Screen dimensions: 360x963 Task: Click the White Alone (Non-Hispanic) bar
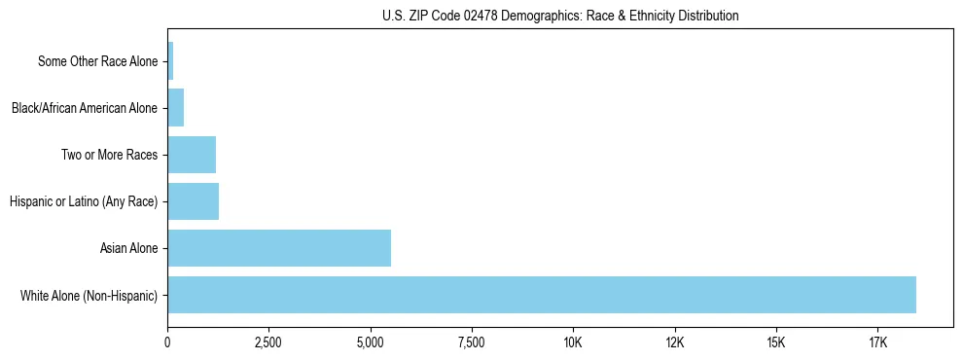(542, 295)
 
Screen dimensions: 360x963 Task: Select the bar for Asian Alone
(279, 248)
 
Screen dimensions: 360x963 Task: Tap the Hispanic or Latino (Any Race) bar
(193, 201)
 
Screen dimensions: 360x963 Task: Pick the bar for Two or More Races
(192, 155)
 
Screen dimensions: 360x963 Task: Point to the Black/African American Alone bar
(176, 108)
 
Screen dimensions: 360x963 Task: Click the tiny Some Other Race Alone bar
(170, 61)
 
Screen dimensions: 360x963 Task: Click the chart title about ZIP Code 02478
(560, 16)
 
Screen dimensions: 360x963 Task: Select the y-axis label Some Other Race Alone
(97, 61)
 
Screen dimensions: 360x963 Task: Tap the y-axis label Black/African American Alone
(85, 108)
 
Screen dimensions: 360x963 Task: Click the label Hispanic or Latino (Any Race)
(84, 201)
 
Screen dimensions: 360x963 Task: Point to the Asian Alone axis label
(128, 248)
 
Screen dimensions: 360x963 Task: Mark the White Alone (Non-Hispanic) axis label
(89, 295)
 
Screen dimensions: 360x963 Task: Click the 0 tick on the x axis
(167, 342)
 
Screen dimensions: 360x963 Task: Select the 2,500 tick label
(268, 342)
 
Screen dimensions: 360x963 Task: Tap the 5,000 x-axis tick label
(370, 342)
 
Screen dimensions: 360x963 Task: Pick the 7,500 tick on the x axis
(471, 342)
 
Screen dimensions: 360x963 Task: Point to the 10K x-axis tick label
(573, 342)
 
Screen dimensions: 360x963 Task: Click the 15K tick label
(775, 342)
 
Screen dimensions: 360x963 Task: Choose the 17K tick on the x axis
(877, 342)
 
